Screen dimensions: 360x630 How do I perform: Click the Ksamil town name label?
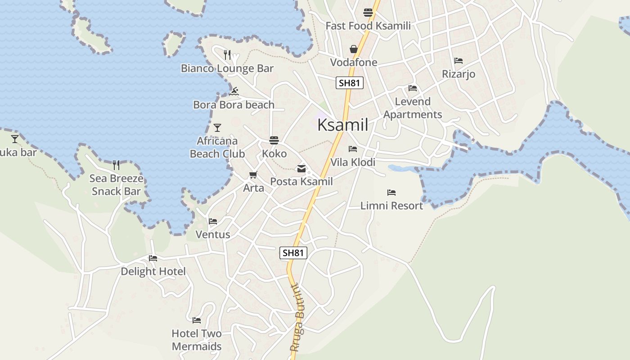click(x=343, y=125)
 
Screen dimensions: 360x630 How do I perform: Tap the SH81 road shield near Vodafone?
click(x=349, y=83)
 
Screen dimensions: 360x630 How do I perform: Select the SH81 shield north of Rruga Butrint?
click(x=293, y=253)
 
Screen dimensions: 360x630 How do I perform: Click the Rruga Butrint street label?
click(x=300, y=318)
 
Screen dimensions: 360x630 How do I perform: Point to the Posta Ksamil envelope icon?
click(x=301, y=169)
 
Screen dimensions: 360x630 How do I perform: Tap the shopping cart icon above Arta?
click(x=253, y=175)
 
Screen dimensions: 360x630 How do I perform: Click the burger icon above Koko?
click(x=274, y=140)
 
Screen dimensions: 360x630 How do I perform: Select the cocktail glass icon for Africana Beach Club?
click(x=217, y=128)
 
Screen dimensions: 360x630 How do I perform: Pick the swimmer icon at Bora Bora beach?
click(x=234, y=92)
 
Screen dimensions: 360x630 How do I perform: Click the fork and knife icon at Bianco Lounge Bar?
click(x=227, y=55)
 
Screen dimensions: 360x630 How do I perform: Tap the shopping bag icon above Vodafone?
click(x=354, y=49)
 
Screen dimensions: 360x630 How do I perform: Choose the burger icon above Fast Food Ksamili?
click(x=368, y=13)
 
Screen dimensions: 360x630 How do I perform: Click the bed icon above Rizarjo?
click(x=459, y=61)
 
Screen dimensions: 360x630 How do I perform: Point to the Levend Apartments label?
click(x=413, y=108)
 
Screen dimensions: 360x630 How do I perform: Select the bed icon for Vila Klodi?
click(x=353, y=149)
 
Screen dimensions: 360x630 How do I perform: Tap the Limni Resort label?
click(x=391, y=206)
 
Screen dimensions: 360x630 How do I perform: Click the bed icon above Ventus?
click(x=213, y=221)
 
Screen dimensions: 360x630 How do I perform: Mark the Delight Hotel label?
click(x=153, y=271)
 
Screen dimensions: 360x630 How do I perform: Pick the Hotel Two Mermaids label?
click(x=197, y=340)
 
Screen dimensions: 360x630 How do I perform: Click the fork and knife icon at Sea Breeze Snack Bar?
click(x=116, y=165)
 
